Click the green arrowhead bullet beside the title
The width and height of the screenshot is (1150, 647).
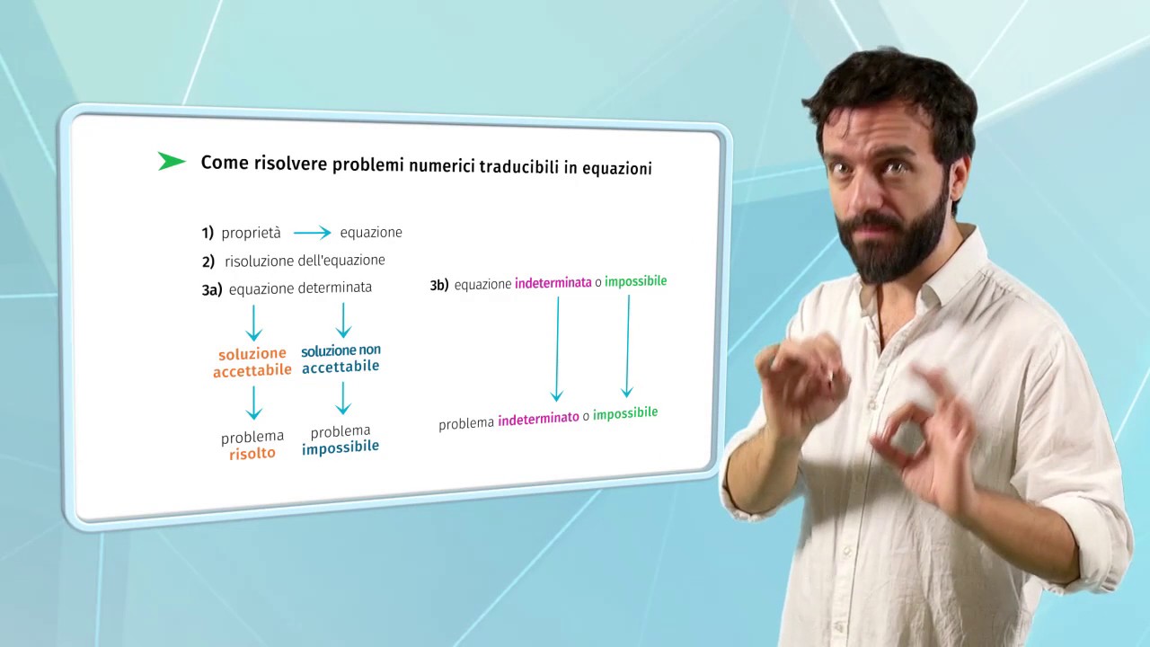pyautogui.click(x=171, y=161)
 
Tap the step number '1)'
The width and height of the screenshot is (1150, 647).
pyautogui.click(x=208, y=233)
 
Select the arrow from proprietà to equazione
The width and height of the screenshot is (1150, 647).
pyautogui.click(x=312, y=233)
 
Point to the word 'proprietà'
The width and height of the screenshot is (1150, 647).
pyautogui.click(x=251, y=234)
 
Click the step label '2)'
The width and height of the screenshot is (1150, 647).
pyautogui.click(x=208, y=261)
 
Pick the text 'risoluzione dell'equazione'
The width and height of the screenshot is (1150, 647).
pyautogui.click(x=305, y=261)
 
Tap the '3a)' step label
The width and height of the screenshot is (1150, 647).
pyautogui.click(x=212, y=290)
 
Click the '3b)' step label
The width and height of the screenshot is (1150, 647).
pyautogui.click(x=439, y=285)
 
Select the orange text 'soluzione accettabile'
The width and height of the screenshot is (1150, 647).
pyautogui.click(x=252, y=362)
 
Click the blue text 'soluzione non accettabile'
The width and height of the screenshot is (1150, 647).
pyautogui.click(x=341, y=359)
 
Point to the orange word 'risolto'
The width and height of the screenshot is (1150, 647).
pyautogui.click(x=252, y=454)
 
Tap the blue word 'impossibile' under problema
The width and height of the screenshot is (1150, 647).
pyautogui.click(x=341, y=447)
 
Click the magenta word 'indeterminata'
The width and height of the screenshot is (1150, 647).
pyautogui.click(x=553, y=282)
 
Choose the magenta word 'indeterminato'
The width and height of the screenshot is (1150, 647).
pyautogui.click(x=538, y=419)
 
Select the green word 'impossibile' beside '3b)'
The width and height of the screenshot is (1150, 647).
pyautogui.click(x=635, y=281)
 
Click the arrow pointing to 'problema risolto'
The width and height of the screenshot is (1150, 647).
pyautogui.click(x=253, y=403)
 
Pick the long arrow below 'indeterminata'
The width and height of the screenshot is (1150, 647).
pyautogui.click(x=558, y=350)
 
